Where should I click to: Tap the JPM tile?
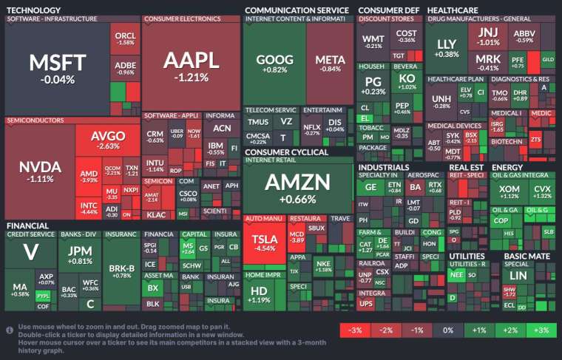79,255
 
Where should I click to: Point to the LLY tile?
447,48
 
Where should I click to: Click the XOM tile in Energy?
509,192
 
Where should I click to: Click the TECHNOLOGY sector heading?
33,10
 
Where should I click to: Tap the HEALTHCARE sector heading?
452,10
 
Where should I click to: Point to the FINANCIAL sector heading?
27,225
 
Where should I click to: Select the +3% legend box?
541,329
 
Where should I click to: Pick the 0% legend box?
447,329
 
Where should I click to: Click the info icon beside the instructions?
10,329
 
